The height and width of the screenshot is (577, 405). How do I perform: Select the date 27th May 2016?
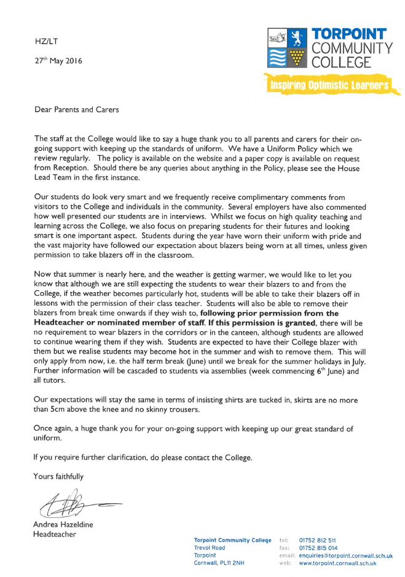(x=58, y=61)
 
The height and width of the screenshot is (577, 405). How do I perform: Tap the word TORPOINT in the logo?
(x=349, y=34)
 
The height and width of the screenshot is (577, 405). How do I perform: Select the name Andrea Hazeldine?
(x=64, y=525)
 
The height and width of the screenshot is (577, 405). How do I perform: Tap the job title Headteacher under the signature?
(x=55, y=534)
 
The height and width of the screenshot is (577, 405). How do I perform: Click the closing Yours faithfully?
(x=58, y=476)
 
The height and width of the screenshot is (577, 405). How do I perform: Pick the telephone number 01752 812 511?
(x=318, y=540)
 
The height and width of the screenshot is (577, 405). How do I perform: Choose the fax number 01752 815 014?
(x=318, y=547)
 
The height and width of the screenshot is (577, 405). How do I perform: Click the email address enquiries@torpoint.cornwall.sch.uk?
(x=345, y=555)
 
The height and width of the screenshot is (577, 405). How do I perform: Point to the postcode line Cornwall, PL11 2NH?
(x=219, y=563)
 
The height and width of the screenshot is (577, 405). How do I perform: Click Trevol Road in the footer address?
(x=210, y=547)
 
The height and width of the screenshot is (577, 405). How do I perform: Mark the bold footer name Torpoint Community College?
(x=232, y=540)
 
